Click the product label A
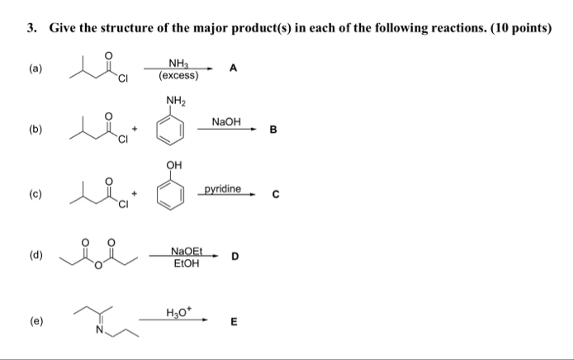point(233,69)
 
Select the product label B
point(273,130)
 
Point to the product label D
point(235,256)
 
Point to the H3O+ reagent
point(178,312)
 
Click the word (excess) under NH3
point(178,75)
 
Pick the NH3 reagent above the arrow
point(178,64)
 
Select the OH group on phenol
point(173,165)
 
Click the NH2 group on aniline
point(175,102)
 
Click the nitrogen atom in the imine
point(99,333)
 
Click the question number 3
point(31,27)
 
